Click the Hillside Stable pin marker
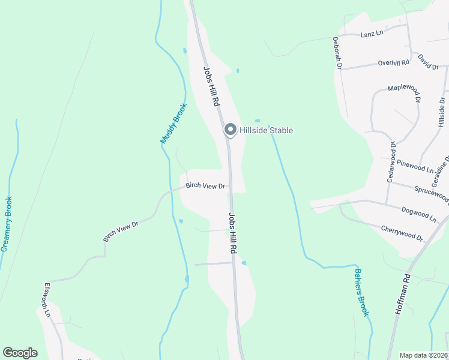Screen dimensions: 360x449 pyautogui.click(x=230, y=130)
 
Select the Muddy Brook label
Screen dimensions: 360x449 pyautogui.click(x=174, y=124)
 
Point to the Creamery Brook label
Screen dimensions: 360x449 pyautogui.click(x=7, y=224)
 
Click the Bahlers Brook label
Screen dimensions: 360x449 pyautogui.click(x=361, y=292)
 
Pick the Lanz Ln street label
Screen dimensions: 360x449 pyautogui.click(x=372, y=34)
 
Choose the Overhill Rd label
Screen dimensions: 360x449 pyautogui.click(x=393, y=62)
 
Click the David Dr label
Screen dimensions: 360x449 pyautogui.click(x=428, y=62)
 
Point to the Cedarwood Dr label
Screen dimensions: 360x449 pyautogui.click(x=391, y=162)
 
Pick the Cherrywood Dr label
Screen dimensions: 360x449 pyautogui.click(x=402, y=232)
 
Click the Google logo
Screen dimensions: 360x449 pyautogui.click(x=20, y=353)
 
